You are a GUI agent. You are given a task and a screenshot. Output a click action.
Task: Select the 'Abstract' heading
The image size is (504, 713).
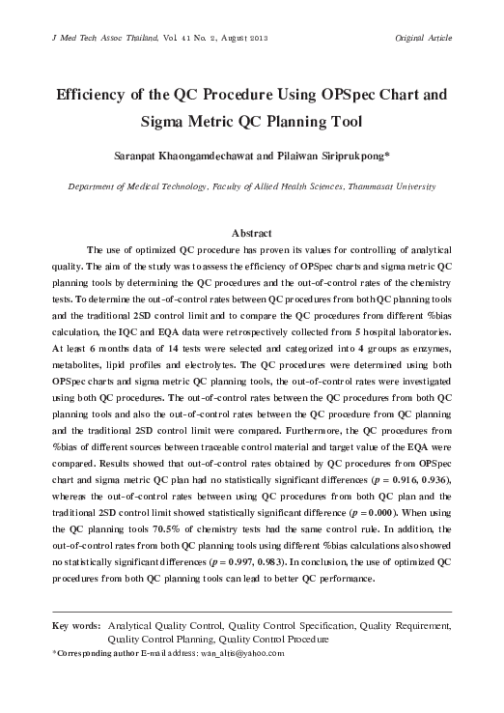pyautogui.click(x=251, y=233)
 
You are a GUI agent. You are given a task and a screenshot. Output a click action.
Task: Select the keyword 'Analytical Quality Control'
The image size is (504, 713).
pyautogui.click(x=165, y=626)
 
